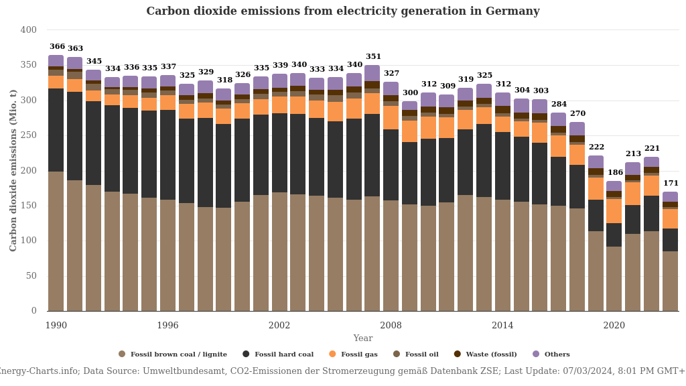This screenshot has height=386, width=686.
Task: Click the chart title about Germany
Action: click(x=342, y=11)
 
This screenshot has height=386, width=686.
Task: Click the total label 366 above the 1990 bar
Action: click(x=57, y=47)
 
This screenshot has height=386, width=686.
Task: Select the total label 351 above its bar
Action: click(x=373, y=57)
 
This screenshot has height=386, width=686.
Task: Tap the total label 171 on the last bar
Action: click(x=671, y=184)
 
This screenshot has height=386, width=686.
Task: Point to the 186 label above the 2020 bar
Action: click(x=615, y=173)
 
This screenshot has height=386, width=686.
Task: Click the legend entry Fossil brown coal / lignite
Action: click(x=173, y=355)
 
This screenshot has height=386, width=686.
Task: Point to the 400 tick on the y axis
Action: click(x=29, y=30)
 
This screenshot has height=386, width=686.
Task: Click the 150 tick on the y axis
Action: click(x=29, y=206)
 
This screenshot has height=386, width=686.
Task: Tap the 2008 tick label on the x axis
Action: click(x=391, y=326)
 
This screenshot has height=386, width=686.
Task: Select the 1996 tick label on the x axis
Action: click(x=167, y=326)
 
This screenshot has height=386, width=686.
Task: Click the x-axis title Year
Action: click(x=363, y=338)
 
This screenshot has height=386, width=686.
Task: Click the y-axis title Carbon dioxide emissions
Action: click(x=13, y=170)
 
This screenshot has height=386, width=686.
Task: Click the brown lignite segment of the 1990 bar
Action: click(x=56, y=241)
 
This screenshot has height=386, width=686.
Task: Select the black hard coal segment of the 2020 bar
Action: click(x=614, y=235)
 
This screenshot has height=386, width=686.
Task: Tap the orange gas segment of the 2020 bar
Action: click(x=614, y=211)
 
